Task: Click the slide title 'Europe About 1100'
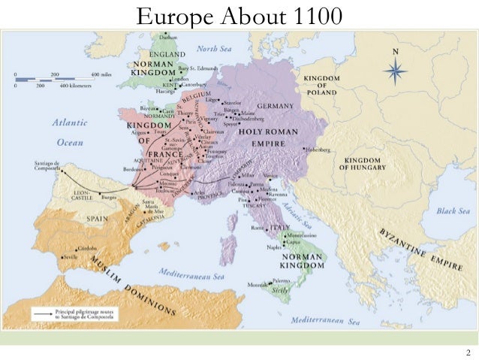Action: click(239, 14)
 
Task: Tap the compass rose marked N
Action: click(395, 70)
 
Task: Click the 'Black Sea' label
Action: click(453, 211)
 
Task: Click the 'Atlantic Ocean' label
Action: click(70, 132)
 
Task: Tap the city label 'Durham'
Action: click(169, 36)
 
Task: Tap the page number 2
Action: click(468, 353)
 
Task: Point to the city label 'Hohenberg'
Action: click(317, 150)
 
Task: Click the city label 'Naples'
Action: click(273, 247)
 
